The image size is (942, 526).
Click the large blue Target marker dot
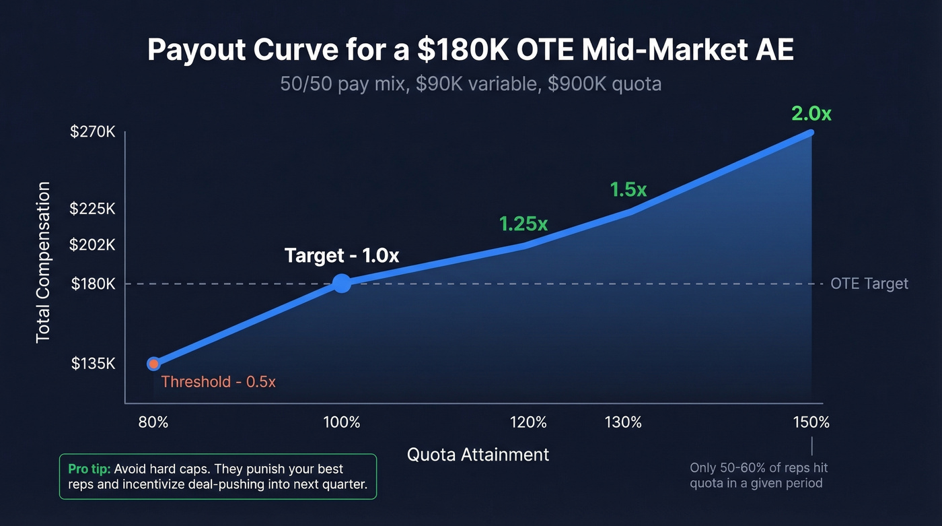click(x=342, y=284)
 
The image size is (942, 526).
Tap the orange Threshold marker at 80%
click(x=153, y=364)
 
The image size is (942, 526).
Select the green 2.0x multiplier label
click(x=811, y=114)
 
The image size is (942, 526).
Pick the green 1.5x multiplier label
click(x=628, y=190)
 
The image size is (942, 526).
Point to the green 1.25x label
click(x=523, y=224)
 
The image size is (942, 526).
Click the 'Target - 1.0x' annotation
click(x=342, y=256)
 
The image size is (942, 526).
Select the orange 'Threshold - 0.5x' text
click(x=219, y=382)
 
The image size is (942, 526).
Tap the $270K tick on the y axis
click(x=93, y=133)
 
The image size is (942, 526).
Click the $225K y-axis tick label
click(x=93, y=209)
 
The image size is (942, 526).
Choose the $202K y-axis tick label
click(x=93, y=245)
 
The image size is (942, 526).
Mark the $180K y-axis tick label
click(x=93, y=284)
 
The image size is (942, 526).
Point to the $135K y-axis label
click(x=93, y=364)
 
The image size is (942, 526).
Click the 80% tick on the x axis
click(x=153, y=423)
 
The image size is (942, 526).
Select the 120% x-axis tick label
click(x=528, y=423)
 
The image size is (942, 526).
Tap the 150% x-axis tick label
click(x=811, y=423)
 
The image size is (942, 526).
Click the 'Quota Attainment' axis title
click(x=478, y=455)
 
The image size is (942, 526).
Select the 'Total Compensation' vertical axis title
click(x=44, y=262)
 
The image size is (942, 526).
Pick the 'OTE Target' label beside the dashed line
click(x=869, y=284)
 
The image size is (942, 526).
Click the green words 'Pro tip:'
click(x=90, y=469)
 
